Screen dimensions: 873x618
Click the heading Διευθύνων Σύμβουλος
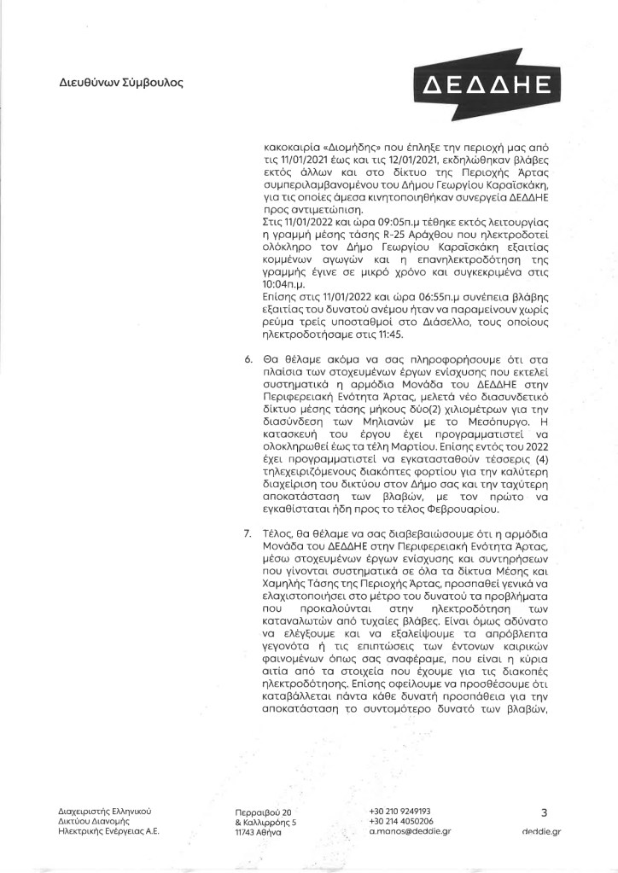tap(120, 84)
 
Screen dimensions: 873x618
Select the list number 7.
tap(248, 534)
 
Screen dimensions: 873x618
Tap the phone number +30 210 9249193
tap(399, 811)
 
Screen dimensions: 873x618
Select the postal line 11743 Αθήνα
tap(257, 832)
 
